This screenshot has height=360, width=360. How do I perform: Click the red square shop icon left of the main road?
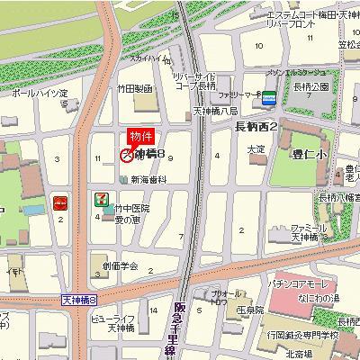[x=59, y=202]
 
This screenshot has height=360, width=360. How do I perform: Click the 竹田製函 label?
[x=135, y=89]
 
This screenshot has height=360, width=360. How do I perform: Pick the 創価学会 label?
[x=121, y=266]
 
